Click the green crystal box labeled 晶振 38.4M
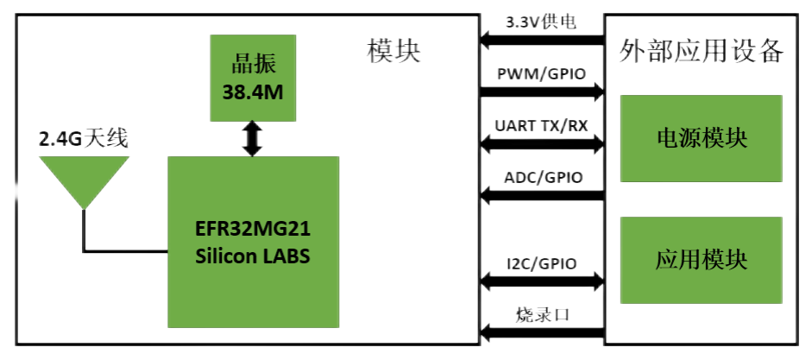tap(253, 78)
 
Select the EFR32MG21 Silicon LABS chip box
tap(252, 243)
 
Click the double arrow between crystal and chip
tap(252, 138)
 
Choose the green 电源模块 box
tap(702, 139)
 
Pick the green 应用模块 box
tap(702, 259)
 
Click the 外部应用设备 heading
tap(702, 51)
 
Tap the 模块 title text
tap(393, 51)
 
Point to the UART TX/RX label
tap(541, 126)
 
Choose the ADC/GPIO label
tap(541, 178)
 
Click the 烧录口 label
tap(541, 313)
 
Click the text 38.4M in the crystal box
tap(253, 92)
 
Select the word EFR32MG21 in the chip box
tap(252, 231)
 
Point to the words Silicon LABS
tap(252, 256)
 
